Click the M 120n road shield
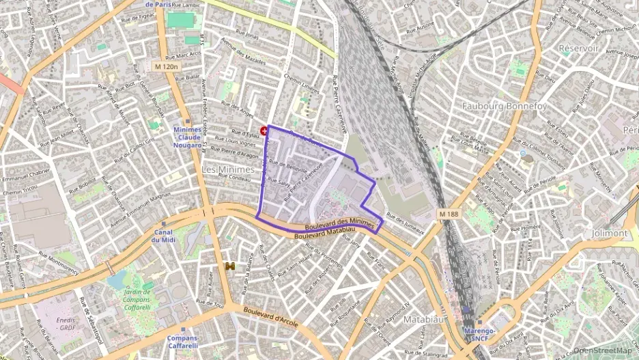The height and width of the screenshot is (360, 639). pos(165,66)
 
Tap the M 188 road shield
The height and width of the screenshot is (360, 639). pos(449,214)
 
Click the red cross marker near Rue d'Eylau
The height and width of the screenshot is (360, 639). pos(264,130)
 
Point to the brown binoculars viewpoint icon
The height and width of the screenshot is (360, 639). pos(231,266)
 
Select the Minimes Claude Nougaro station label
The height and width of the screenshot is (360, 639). pos(187,137)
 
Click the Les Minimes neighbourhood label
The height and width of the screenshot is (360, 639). pos(228,168)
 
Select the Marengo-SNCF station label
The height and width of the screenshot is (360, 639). pos(479,333)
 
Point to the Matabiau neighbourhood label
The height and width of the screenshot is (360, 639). pos(425,319)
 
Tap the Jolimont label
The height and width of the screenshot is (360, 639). pos(610,233)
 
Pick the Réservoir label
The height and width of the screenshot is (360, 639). pos(578,49)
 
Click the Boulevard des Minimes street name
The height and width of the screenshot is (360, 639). pos(340,223)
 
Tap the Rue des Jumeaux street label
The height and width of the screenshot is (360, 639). pos(405,223)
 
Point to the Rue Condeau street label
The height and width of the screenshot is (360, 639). pos(234,176)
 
